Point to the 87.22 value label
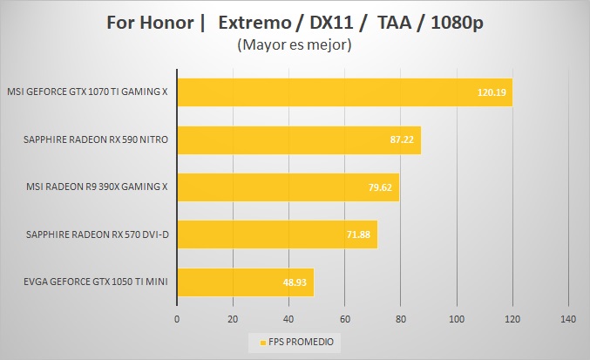pos(402,139)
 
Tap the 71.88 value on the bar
pos(359,234)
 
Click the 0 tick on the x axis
pos(177,318)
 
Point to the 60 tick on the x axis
pos(345,318)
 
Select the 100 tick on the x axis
pos(457,318)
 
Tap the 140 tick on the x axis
pos(568,318)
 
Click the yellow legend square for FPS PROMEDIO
pos(261,341)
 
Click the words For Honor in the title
pos(152,21)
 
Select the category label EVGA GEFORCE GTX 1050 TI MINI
pos(87,282)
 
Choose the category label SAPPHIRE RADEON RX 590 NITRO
pos(97,139)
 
